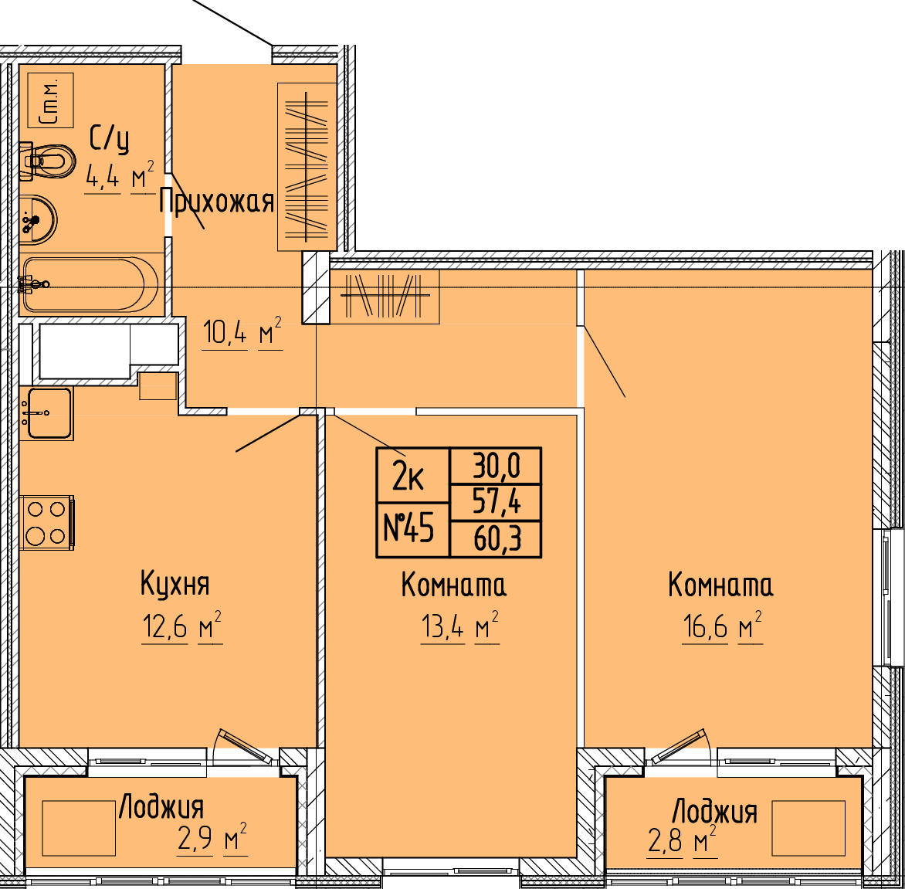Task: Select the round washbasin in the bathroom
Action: click(38, 219)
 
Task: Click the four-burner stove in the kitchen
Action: click(47, 522)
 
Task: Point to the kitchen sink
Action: click(46, 413)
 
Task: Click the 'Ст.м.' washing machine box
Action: click(50, 100)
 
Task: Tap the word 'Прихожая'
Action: click(216, 202)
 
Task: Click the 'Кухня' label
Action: click(175, 584)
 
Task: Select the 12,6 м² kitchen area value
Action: click(182, 628)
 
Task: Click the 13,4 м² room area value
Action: click(460, 628)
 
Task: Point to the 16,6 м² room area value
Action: click(723, 628)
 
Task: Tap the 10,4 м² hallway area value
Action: click(242, 333)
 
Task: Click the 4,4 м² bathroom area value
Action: click(120, 177)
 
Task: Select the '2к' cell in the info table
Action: click(412, 474)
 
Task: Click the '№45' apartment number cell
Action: click(412, 530)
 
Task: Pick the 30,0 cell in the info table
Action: click(496, 465)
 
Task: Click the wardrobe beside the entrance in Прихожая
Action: click(307, 168)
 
